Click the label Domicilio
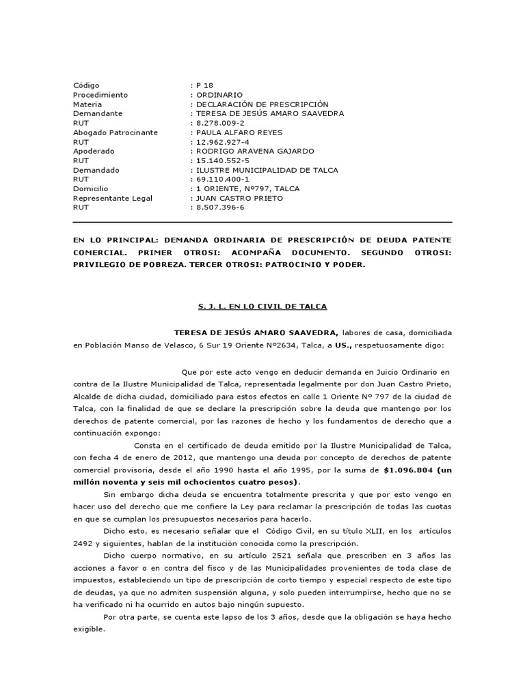point(90,188)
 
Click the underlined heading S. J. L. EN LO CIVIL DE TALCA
point(262,307)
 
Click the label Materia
point(87,104)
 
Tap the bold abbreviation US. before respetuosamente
point(361,345)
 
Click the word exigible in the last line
point(89,630)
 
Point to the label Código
point(86,85)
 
